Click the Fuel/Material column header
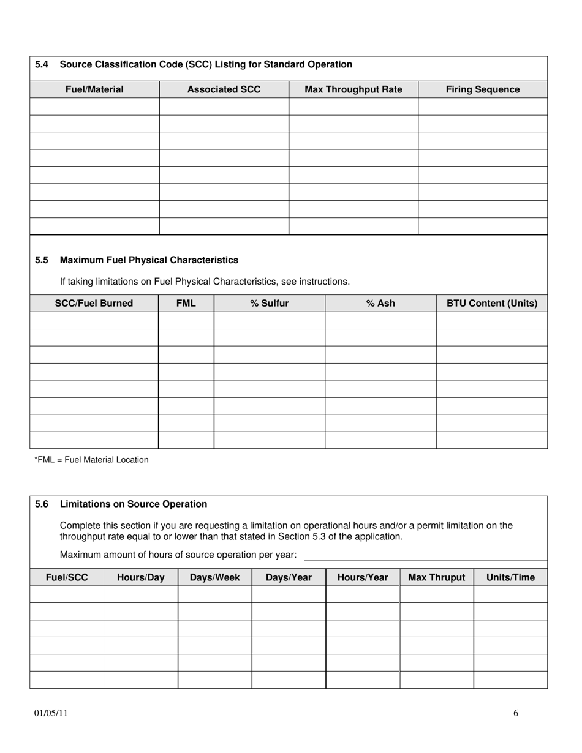(94, 89)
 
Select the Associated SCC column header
(224, 89)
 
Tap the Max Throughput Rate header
(353, 89)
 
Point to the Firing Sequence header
(483, 89)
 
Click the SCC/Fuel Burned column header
(94, 303)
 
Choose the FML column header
(186, 303)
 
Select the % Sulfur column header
(269, 303)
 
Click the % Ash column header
(380, 303)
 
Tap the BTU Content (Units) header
(492, 303)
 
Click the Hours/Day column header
(140, 577)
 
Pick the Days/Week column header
(214, 577)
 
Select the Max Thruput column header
(436, 577)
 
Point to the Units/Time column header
(510, 577)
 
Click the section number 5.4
(42, 64)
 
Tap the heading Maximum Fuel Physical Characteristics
(149, 260)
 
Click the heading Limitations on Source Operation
(134, 504)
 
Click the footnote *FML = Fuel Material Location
(91, 460)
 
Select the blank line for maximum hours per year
(425, 555)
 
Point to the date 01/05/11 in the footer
(51, 713)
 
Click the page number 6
(516, 713)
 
